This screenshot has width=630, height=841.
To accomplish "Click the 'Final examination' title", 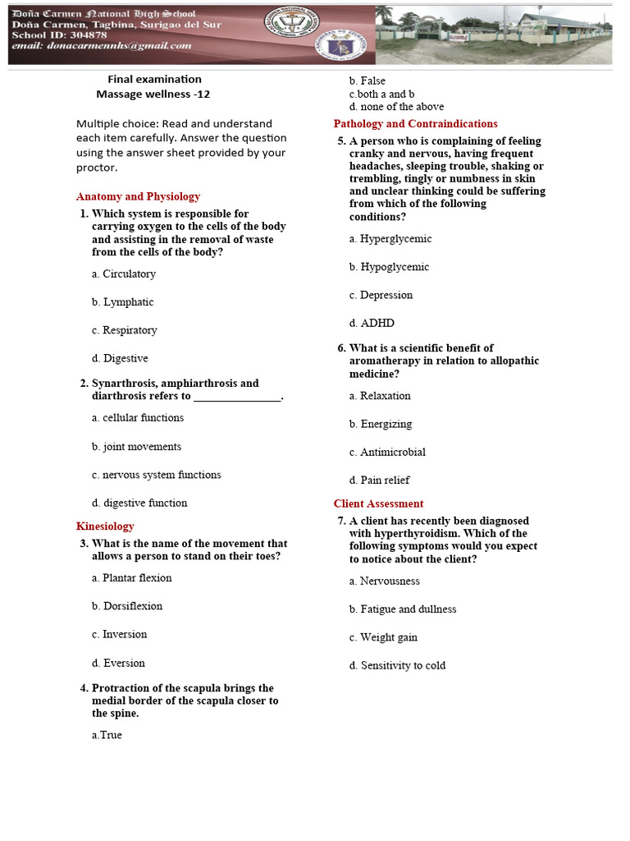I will coord(154,79).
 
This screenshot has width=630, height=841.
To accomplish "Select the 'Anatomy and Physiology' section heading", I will coord(138,197).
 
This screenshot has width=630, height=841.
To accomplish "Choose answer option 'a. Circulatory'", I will coord(124,274).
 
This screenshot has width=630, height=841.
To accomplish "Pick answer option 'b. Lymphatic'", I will coord(123,302).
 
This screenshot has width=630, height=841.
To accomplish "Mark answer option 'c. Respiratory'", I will coord(125,330).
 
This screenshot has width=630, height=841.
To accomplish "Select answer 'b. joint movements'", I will coord(137,447).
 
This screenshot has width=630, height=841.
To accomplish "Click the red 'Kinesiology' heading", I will coord(105,526).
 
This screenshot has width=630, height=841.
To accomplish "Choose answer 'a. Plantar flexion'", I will coord(132,578).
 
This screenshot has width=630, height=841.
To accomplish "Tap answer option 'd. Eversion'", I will coord(119,664).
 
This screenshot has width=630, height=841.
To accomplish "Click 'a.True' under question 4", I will coord(107,735).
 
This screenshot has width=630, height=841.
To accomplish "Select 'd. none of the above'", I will coord(396,107).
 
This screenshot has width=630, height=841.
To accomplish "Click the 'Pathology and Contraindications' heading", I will coord(415,124).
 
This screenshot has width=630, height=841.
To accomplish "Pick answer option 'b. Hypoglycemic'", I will coord(389,267).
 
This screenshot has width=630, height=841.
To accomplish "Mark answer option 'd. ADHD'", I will coord(372,324).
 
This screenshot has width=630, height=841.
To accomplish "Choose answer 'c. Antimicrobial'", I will coord(387,453).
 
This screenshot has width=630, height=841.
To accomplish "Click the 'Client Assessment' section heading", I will coord(378,504).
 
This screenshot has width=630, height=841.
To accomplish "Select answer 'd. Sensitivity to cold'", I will coord(397,666).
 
